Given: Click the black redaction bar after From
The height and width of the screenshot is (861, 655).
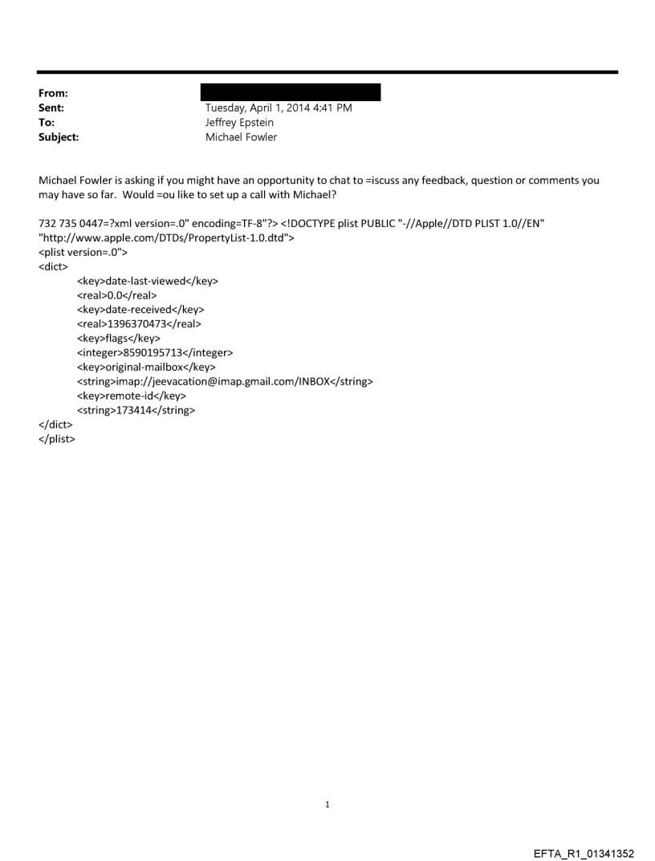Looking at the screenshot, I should pos(290,92).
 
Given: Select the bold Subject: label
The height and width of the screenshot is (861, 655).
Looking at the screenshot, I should pos(59,137).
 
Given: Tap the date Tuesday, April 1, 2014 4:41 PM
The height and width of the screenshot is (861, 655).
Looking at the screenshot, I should pos(279,108).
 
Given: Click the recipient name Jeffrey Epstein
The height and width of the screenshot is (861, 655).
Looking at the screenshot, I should pos(240,123).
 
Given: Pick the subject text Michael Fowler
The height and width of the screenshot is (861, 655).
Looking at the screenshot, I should pos(242,137).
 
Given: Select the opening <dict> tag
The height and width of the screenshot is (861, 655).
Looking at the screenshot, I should pos(53,266).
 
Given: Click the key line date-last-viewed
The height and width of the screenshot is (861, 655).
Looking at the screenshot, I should pos(147,281).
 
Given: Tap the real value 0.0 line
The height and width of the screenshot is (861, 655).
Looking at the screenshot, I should pos(116,295).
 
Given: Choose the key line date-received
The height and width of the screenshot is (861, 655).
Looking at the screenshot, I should pos(140,310).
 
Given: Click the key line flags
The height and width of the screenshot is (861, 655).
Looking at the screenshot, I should pos(118,339).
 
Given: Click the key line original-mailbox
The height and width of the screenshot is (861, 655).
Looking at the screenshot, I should pos(146,368).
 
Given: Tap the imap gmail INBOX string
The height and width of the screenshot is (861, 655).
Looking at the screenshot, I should pos(225,382).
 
